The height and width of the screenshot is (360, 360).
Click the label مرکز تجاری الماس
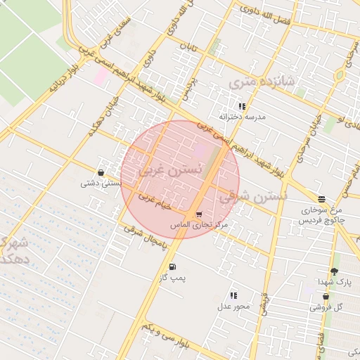pos(200,224)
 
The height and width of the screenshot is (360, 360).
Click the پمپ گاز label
pos(172,278)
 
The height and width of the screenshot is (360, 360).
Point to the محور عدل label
pos(233,306)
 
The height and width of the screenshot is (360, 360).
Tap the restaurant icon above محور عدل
pos(233,296)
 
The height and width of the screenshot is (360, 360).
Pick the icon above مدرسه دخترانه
pos(242,106)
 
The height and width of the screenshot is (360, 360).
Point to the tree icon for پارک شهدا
pos(334,271)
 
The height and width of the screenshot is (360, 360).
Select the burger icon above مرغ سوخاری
pos(321,199)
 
